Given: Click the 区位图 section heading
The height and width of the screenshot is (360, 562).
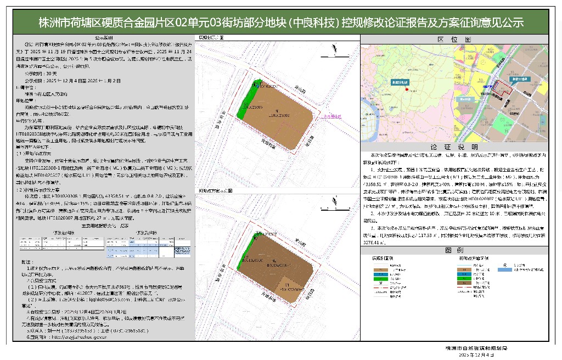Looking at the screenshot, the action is (453, 40).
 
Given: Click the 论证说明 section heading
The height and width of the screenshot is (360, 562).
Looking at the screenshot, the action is (453, 148).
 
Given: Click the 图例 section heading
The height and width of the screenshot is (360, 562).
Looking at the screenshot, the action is (453, 250).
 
